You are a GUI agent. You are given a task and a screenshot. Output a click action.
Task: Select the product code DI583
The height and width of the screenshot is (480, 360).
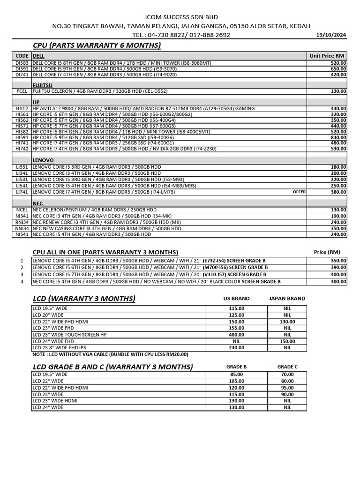tap(22, 63)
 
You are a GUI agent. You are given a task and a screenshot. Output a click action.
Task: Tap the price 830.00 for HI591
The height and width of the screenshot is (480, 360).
tap(338, 137)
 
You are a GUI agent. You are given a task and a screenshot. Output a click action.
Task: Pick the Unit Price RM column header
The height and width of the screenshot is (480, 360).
tap(327, 56)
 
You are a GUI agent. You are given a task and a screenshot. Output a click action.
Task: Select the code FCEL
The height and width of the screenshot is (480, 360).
tap(22, 91)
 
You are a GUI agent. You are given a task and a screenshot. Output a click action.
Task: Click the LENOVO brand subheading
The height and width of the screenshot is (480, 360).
tap(43, 160)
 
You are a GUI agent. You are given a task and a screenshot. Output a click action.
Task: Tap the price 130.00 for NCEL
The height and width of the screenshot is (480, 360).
tap(338, 210)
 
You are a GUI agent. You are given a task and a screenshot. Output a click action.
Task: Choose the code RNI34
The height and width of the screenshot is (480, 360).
tap(22, 223)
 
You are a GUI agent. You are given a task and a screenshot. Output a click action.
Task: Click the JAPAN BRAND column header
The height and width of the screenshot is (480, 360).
tap(287, 299)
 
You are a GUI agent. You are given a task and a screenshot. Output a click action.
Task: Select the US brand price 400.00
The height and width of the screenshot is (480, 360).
tap(236, 335)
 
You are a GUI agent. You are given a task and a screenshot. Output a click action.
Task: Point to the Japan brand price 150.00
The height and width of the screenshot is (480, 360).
tap(287, 342)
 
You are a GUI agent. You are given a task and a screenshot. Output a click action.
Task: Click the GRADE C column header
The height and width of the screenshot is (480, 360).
tap(287, 367)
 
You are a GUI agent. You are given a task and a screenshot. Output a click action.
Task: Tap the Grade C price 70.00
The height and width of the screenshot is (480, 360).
tap(287, 375)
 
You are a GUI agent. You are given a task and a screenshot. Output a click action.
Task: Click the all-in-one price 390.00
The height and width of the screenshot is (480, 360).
tap(338, 267)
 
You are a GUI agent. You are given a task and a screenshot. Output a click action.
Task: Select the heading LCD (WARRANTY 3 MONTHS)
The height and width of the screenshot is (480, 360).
tap(84, 299)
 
